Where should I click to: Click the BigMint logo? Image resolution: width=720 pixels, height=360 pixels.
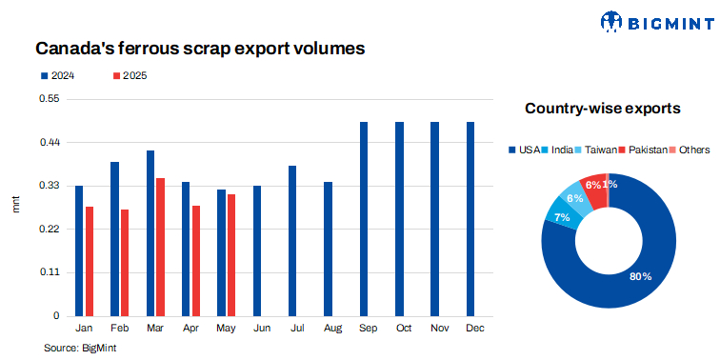click(x=652, y=21)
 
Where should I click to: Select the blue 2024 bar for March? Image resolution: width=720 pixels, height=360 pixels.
click(x=150, y=233)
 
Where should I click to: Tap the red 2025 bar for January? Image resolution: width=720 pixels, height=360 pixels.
click(x=90, y=261)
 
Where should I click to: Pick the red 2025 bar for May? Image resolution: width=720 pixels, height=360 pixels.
click(x=231, y=254)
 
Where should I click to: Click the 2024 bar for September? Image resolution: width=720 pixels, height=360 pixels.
click(x=364, y=219)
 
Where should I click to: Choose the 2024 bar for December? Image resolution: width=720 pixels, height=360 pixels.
click(x=470, y=219)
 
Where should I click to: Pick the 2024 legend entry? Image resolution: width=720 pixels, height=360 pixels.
click(x=56, y=75)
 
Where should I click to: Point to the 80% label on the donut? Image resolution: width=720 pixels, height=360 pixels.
click(x=640, y=276)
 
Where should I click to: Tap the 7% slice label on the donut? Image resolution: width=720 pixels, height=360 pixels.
click(x=562, y=218)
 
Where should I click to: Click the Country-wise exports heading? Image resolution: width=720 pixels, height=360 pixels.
click(x=602, y=109)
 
